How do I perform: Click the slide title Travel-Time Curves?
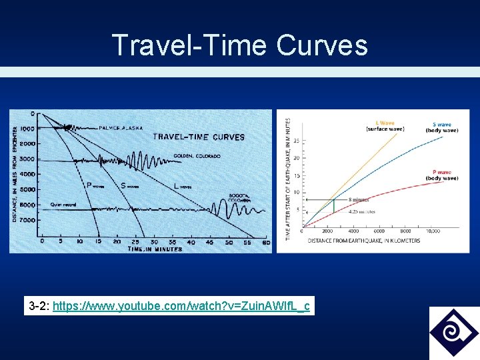240,45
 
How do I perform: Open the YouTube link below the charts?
181,307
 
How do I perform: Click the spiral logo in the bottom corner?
453,333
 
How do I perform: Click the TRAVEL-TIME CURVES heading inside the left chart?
199,137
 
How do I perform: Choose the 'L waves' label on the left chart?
182,186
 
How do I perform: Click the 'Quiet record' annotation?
65,205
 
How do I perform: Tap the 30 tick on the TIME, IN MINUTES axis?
154,241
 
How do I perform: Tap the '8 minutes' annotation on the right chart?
360,199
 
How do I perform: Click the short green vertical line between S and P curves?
334,205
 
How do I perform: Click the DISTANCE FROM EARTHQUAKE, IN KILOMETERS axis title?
364,240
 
